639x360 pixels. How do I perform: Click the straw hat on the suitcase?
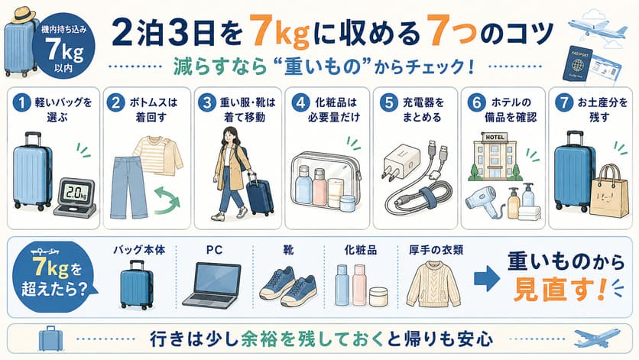click(x=23, y=15)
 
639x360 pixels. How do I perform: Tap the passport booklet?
click(x=577, y=64)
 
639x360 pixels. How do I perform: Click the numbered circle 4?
click(x=300, y=102)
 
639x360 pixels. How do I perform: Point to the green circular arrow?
click(x=167, y=199)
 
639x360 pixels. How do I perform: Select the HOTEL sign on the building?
click(x=495, y=138)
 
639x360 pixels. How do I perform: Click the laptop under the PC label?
click(x=212, y=284)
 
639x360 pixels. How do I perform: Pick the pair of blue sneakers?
click(x=288, y=286)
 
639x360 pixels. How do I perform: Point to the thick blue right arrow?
click(x=487, y=279)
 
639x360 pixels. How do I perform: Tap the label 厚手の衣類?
click(x=436, y=250)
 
